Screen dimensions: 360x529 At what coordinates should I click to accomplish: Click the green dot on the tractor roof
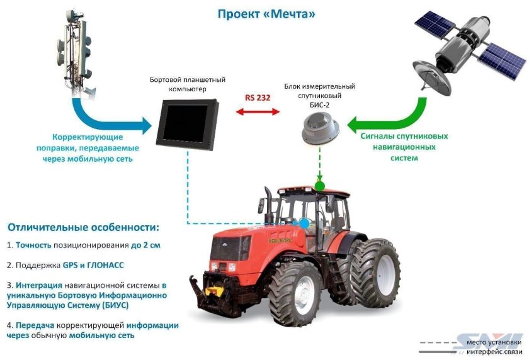320,186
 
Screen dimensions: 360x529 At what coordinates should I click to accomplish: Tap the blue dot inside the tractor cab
305,222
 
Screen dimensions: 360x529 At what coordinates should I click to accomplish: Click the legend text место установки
493,343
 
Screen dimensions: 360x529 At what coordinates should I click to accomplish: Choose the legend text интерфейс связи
493,351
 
